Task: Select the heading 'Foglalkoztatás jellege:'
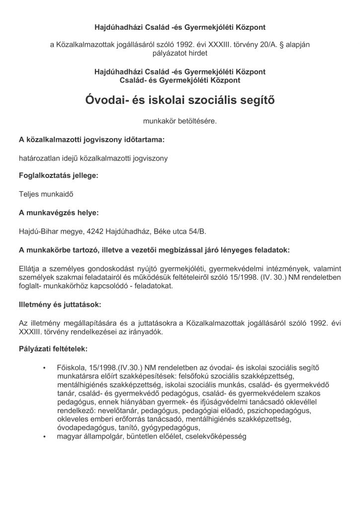(59, 176)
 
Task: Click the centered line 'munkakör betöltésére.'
(180, 121)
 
